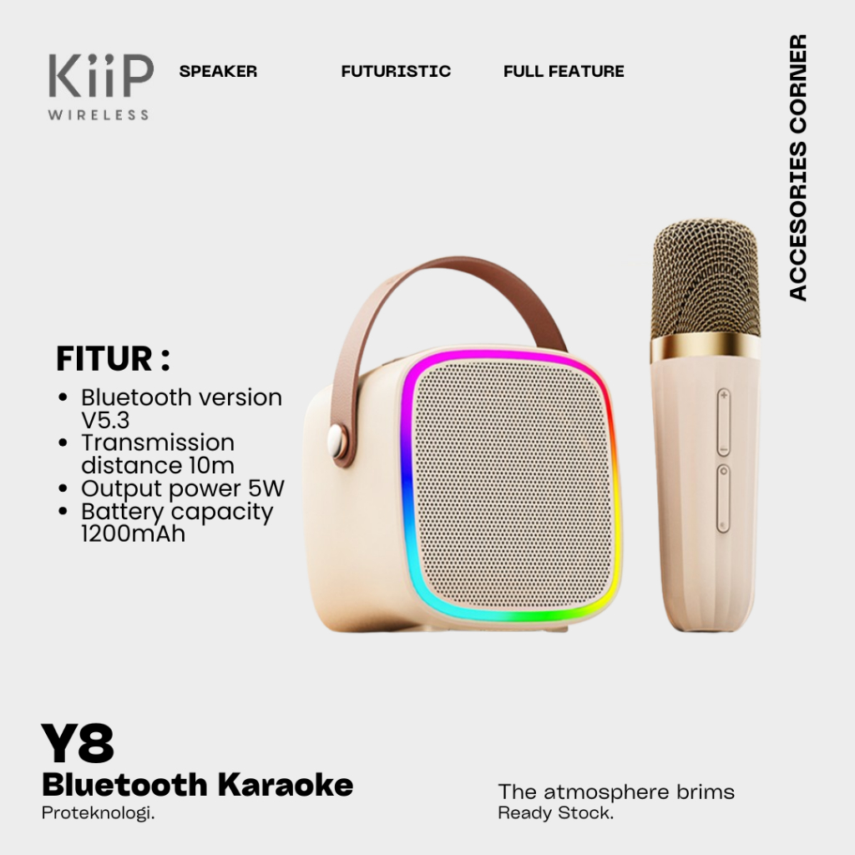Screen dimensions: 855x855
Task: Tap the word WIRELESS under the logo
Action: [99, 114]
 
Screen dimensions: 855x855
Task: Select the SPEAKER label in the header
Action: [218, 72]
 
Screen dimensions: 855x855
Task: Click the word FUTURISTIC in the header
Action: [396, 72]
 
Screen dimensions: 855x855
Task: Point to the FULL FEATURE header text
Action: [564, 72]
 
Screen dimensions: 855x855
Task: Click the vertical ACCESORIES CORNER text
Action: [798, 167]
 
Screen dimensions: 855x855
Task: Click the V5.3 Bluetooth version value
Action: [105, 421]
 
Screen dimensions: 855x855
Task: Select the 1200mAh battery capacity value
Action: [133, 534]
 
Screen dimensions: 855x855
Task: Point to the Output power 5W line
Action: [183, 488]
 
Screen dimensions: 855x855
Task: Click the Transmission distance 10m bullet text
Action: [158, 453]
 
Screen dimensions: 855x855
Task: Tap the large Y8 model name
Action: [78, 744]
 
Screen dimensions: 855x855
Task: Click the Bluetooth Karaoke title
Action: [197, 785]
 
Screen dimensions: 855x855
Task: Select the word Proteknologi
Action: [99, 813]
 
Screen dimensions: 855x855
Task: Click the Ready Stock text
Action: [555, 813]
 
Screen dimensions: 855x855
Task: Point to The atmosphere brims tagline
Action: [616, 792]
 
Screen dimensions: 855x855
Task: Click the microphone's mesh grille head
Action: [705, 276]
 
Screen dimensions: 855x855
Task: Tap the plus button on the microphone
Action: [723, 396]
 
